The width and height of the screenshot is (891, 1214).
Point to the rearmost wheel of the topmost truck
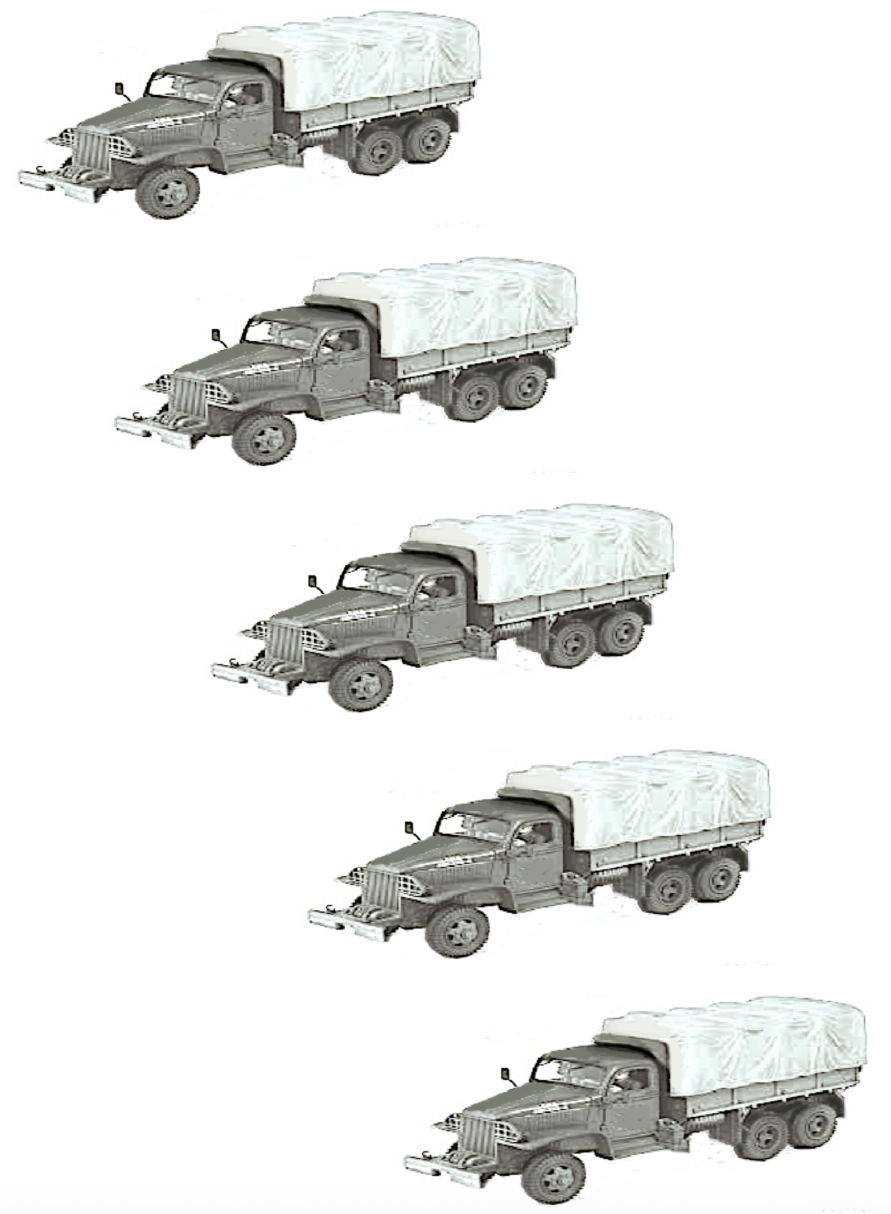tap(429, 141)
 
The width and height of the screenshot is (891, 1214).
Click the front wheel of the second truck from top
tap(264, 438)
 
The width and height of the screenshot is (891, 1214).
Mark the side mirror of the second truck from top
tap(216, 335)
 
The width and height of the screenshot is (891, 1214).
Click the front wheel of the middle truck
tap(361, 684)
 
